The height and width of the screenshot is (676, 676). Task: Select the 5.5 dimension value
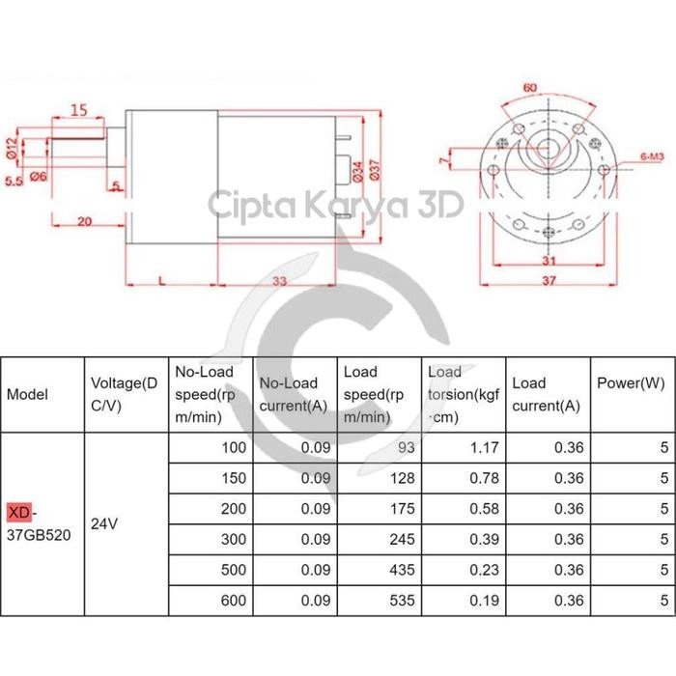(14, 180)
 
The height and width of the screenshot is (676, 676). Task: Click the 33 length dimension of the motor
(280, 281)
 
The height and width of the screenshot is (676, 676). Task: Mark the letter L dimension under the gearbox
(159, 280)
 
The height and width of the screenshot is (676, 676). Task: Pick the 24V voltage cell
(104, 523)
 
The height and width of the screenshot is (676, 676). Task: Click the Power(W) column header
(631, 383)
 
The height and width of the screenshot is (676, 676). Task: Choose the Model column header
(27, 394)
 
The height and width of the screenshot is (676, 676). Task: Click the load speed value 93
(405, 448)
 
